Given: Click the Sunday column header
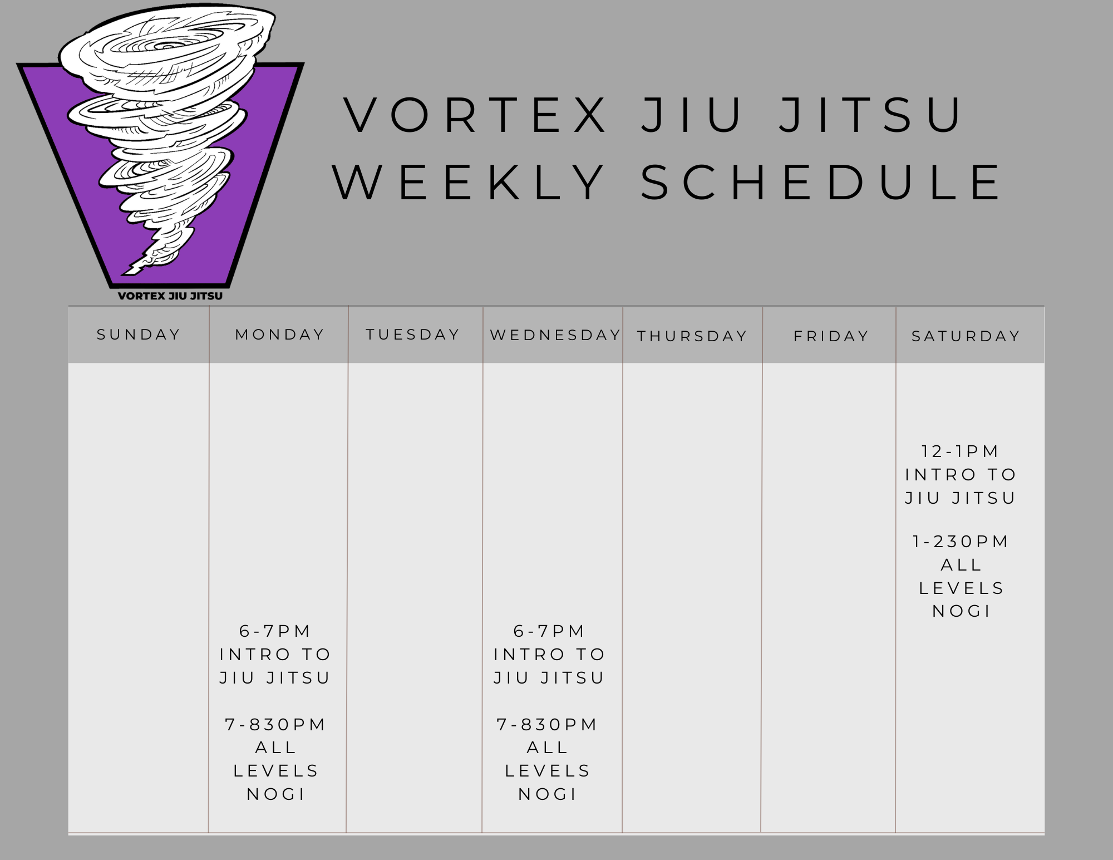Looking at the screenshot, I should tap(139, 335).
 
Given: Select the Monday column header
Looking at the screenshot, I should tap(280, 335).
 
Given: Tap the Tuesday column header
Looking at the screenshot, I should tap(413, 335).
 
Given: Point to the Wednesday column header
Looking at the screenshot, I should tap(555, 335).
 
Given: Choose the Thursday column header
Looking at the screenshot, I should tap(692, 336).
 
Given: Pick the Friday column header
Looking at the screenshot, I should tap(831, 336).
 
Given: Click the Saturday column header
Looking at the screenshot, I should tap(966, 336).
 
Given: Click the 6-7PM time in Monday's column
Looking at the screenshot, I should tap(275, 631).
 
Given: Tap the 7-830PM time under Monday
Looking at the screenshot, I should tap(275, 725).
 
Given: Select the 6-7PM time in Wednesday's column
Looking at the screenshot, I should tap(549, 631).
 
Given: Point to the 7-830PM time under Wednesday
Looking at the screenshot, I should tap(548, 725).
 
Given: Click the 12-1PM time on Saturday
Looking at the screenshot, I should tap(961, 451).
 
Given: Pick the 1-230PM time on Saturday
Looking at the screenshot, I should tap(961, 542).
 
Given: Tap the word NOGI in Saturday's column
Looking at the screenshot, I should tap(962, 611).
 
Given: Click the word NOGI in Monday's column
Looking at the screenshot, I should tap(276, 794).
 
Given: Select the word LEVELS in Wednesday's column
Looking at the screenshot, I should tap(548, 771).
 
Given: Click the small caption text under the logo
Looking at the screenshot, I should tap(170, 296).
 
